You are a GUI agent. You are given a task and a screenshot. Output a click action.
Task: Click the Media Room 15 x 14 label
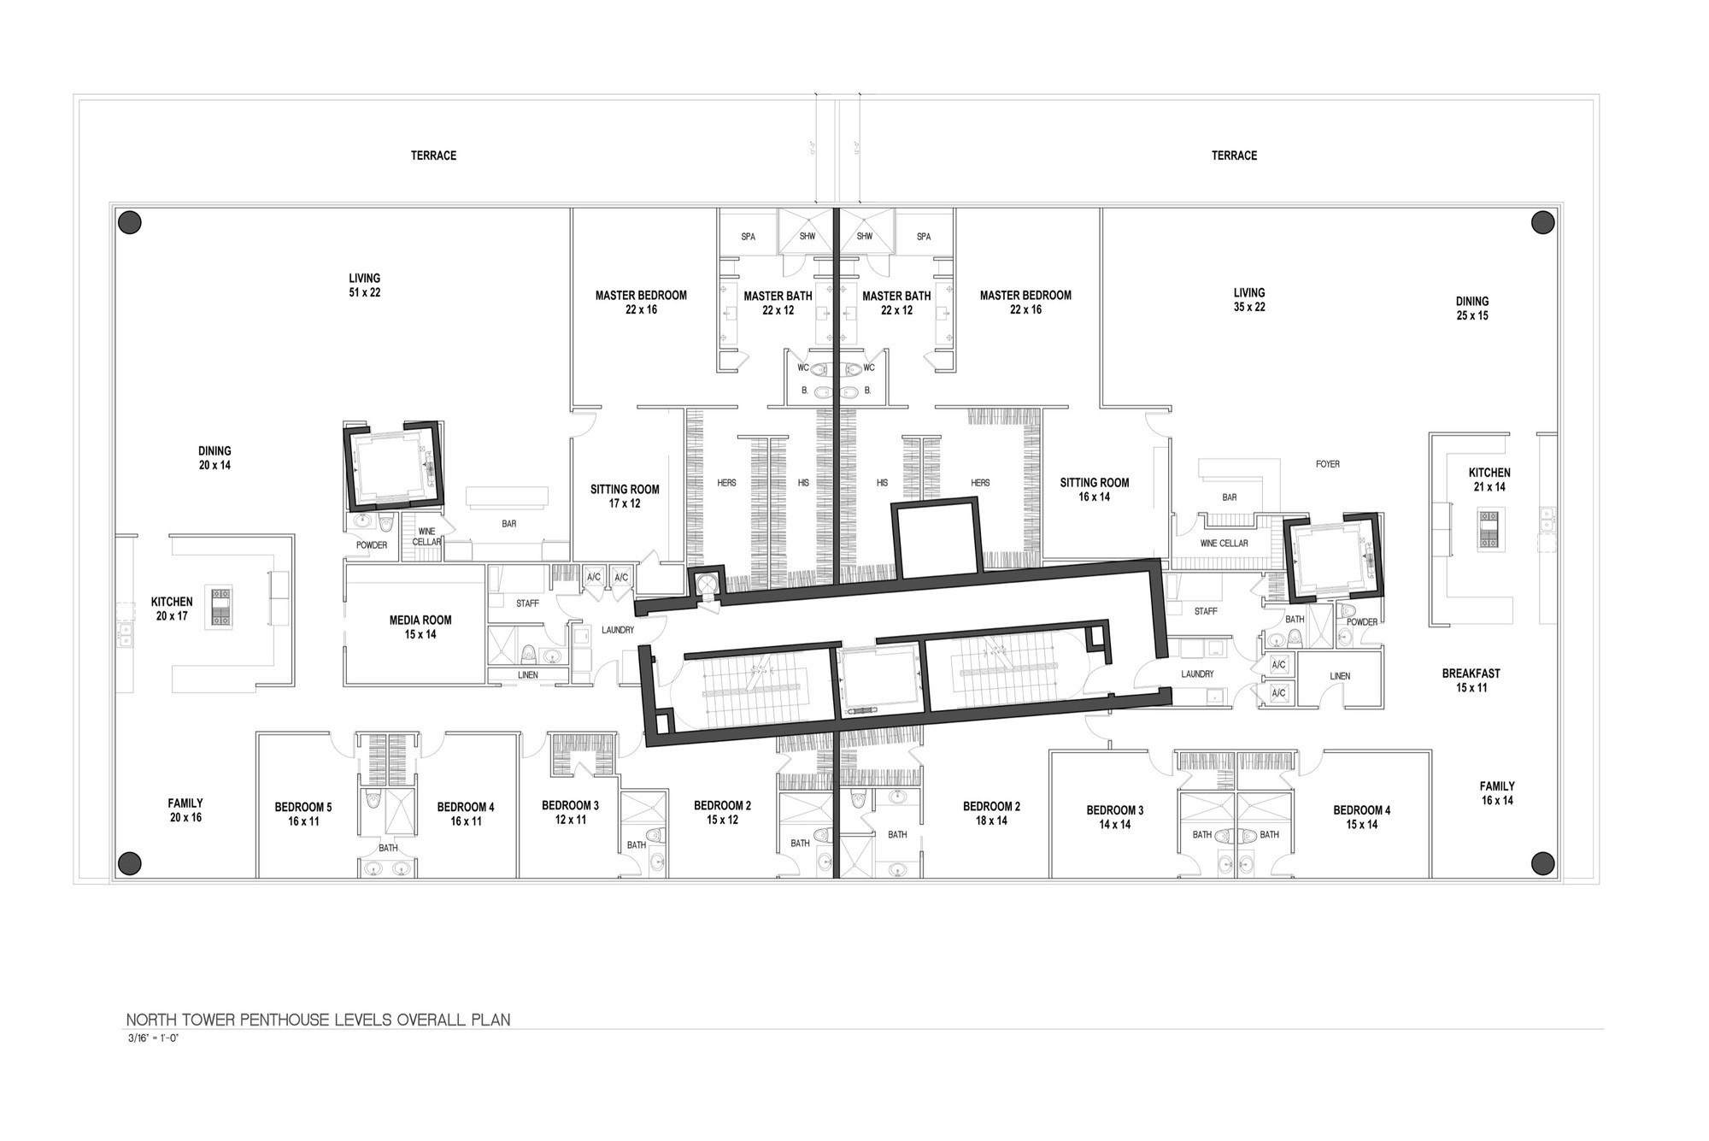click(420, 626)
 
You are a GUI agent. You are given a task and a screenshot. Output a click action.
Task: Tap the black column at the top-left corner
click(129, 223)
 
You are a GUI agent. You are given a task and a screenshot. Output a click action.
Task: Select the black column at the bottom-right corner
click(1542, 863)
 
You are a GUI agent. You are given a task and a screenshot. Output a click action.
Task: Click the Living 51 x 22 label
click(364, 285)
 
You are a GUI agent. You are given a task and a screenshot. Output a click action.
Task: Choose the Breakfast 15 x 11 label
click(1471, 680)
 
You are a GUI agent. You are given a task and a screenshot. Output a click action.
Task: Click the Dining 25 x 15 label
click(1471, 308)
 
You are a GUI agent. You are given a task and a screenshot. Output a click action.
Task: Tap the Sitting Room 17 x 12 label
click(625, 496)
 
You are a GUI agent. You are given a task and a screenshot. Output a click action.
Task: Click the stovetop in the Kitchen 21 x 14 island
click(1489, 528)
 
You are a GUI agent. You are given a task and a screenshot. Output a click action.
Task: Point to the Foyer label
click(1327, 464)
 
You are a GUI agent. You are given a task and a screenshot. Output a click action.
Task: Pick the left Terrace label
click(433, 156)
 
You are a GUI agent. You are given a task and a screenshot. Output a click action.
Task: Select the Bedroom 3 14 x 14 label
click(1114, 817)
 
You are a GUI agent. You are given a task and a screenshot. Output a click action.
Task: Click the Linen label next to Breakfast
click(1340, 676)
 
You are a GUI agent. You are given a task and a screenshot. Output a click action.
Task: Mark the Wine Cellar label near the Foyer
click(1224, 544)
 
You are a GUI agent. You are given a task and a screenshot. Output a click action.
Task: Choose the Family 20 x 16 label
click(185, 809)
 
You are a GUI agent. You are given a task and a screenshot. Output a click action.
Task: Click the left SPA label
click(748, 237)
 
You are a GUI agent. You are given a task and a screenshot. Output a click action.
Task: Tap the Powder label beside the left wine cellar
click(372, 545)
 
